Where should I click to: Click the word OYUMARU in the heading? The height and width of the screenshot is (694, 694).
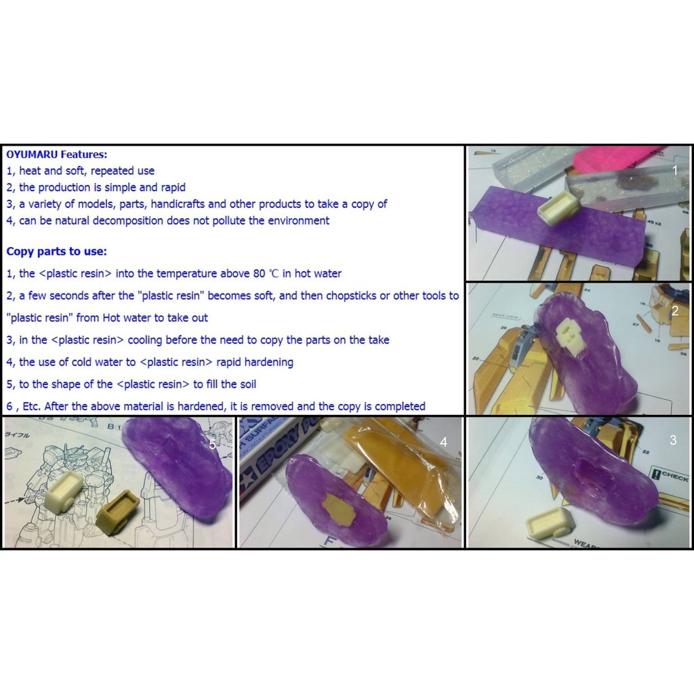coord(31,155)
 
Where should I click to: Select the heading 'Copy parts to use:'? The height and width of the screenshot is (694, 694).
coord(56,251)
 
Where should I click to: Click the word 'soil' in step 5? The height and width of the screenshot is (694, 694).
coord(244,384)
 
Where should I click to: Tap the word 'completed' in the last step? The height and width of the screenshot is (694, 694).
coord(400,407)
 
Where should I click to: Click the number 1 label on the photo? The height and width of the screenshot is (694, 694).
coord(674,171)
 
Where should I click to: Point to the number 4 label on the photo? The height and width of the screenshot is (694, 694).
coord(443,442)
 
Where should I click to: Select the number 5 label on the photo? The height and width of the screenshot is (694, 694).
coord(212,445)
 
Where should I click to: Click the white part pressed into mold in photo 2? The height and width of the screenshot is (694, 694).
coord(568,332)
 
